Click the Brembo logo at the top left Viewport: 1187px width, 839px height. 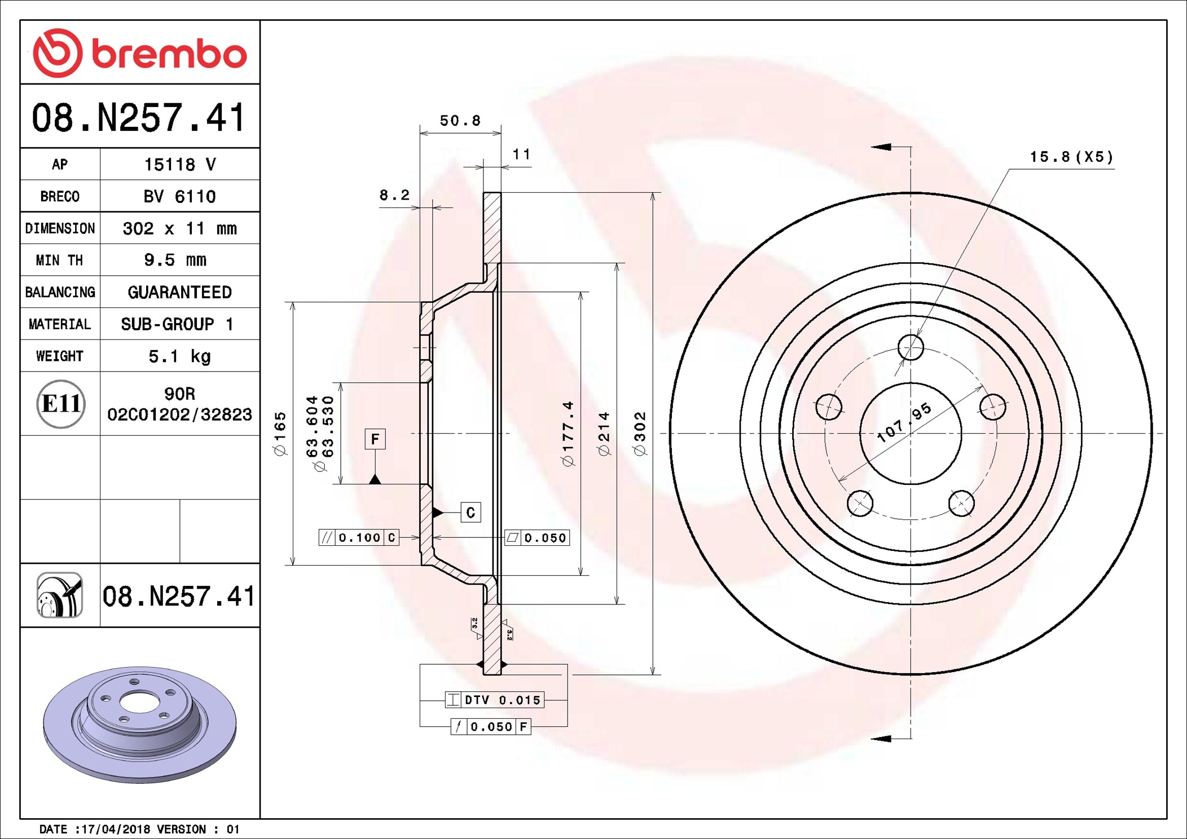139,53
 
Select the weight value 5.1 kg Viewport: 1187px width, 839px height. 179,356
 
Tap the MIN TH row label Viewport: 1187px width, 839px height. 59,260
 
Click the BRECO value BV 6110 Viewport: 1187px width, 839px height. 179,196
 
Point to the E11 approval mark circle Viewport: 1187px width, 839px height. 61,404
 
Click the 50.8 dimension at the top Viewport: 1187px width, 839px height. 460,121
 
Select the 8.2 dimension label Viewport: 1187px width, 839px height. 394,195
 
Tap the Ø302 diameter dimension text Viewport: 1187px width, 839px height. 640,433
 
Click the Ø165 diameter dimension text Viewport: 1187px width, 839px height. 280,433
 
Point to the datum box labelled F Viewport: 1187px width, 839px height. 375,439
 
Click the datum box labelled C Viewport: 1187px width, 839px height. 471,513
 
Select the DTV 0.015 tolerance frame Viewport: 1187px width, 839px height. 494,700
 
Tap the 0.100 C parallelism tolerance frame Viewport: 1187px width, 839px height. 359,537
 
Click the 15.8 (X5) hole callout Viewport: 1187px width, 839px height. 1071,157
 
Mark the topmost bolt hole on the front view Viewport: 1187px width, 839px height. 911,347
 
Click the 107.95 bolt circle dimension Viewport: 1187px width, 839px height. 904,422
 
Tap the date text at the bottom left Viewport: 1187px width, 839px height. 139,829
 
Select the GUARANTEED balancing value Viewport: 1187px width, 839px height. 179,292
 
